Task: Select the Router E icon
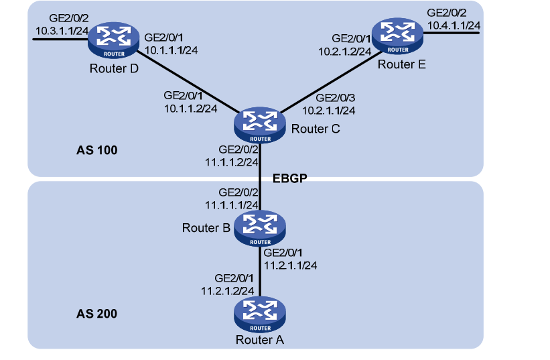(398, 38)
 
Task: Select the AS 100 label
(97, 150)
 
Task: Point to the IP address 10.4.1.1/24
(454, 25)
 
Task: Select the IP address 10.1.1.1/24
(169, 49)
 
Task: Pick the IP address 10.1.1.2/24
(190, 107)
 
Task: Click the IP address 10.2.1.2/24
(343, 50)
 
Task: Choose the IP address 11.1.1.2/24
(231, 162)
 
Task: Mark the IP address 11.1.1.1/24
(231, 204)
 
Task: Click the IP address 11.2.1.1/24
(291, 265)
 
